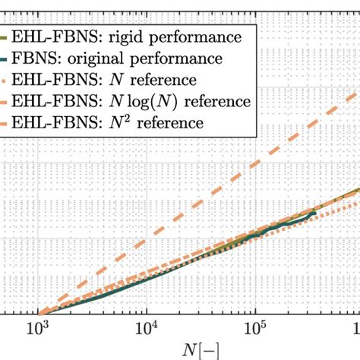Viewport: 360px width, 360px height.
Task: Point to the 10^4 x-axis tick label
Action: coord(145,328)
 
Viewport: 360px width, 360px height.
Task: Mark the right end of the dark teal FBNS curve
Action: coord(314,214)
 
